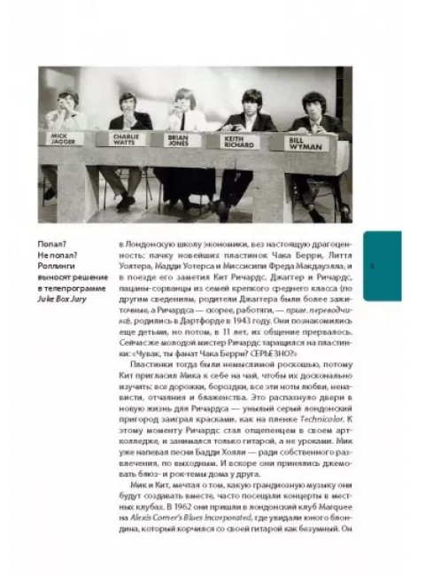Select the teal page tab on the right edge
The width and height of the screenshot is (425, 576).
tap(382, 266)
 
